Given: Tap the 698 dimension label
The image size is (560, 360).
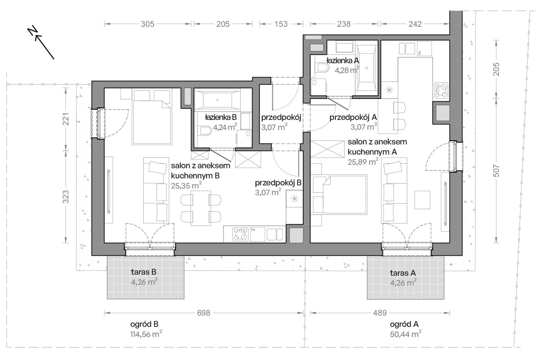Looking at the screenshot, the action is pos(204,313).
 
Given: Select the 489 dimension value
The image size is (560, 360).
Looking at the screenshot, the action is pos(380,313).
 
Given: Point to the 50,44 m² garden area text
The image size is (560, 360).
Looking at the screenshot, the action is pos(405,334).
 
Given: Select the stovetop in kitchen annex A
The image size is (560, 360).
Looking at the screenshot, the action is pos(441,91).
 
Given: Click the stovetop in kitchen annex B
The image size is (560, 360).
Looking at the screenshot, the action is pos(240,235).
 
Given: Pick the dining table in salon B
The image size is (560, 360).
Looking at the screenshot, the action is pos(201,208).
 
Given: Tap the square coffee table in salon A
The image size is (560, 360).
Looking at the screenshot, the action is pos(422,200).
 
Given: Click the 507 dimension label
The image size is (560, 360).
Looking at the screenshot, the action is pos(496,171).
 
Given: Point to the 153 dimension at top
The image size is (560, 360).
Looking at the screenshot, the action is pos(281,24).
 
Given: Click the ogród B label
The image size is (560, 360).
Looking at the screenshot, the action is pos(144,324).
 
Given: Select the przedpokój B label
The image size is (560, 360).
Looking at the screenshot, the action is pos(278,183).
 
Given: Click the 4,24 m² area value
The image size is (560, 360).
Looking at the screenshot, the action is pos(225,127).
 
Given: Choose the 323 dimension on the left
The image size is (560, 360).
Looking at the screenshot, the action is pos(66,197).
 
